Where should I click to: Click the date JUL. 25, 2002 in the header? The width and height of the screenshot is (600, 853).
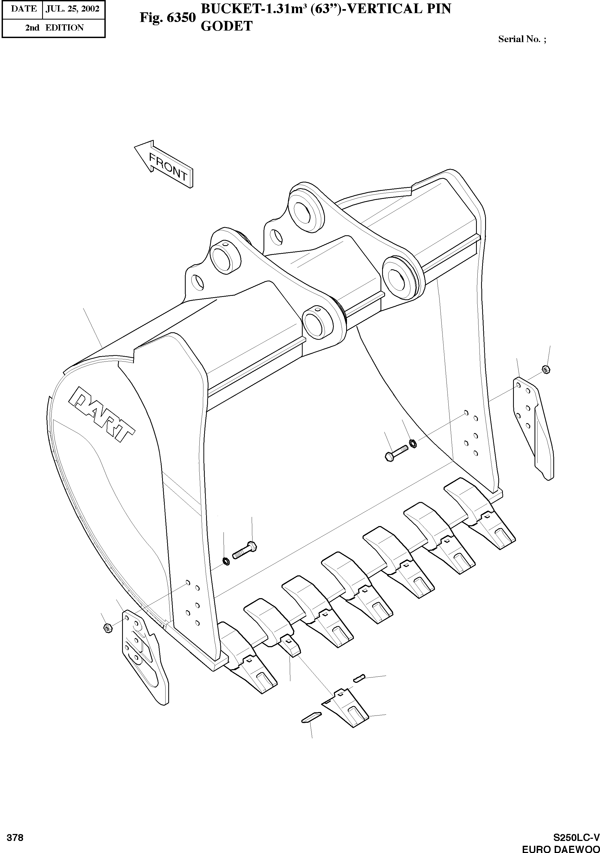(x=72, y=9)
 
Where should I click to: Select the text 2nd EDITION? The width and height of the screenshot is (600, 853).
(x=54, y=28)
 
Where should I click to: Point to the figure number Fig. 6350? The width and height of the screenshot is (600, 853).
(x=167, y=17)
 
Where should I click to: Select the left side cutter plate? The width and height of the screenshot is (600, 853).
(x=143, y=654)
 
